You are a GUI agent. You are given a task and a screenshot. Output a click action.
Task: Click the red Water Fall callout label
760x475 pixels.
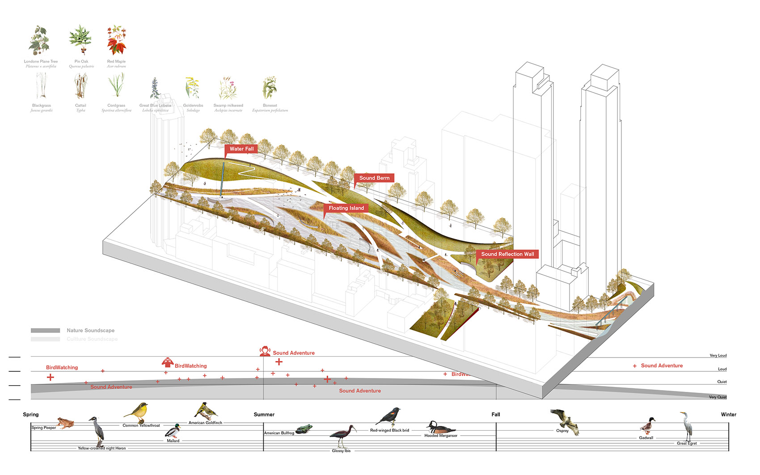pyautogui.click(x=241, y=149)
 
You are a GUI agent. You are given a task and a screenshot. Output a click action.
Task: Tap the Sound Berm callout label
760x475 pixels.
pyautogui.click(x=374, y=178)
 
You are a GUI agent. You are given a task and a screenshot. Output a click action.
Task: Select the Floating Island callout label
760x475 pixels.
pyautogui.click(x=346, y=208)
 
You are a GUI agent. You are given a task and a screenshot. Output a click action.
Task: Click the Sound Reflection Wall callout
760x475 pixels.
pyautogui.click(x=507, y=254)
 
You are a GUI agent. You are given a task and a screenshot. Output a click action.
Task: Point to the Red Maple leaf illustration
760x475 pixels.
pyautogui.click(x=116, y=41)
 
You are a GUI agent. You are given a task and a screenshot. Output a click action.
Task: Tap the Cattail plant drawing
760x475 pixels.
pyautogui.click(x=80, y=86)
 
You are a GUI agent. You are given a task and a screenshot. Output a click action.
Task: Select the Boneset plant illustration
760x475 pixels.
pyautogui.click(x=270, y=88)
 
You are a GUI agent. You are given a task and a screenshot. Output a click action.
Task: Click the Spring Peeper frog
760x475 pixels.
pyautogui.click(x=65, y=423)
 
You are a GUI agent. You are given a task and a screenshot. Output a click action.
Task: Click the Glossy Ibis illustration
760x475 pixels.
pyautogui.click(x=343, y=436)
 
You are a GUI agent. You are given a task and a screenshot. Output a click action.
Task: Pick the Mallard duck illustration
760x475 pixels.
pyautogui.click(x=173, y=431)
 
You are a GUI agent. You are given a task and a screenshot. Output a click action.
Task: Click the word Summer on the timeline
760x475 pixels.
pyautogui.click(x=264, y=415)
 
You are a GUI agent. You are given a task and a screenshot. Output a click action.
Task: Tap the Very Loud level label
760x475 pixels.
pyautogui.click(x=718, y=356)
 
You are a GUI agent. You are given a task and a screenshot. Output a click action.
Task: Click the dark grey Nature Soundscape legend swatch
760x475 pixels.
pyautogui.click(x=45, y=331)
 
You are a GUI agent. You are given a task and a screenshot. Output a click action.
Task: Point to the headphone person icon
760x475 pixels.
pyautogui.click(x=265, y=352)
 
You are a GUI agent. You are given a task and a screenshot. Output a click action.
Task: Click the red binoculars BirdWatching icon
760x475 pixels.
pyautogui.click(x=167, y=362)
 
